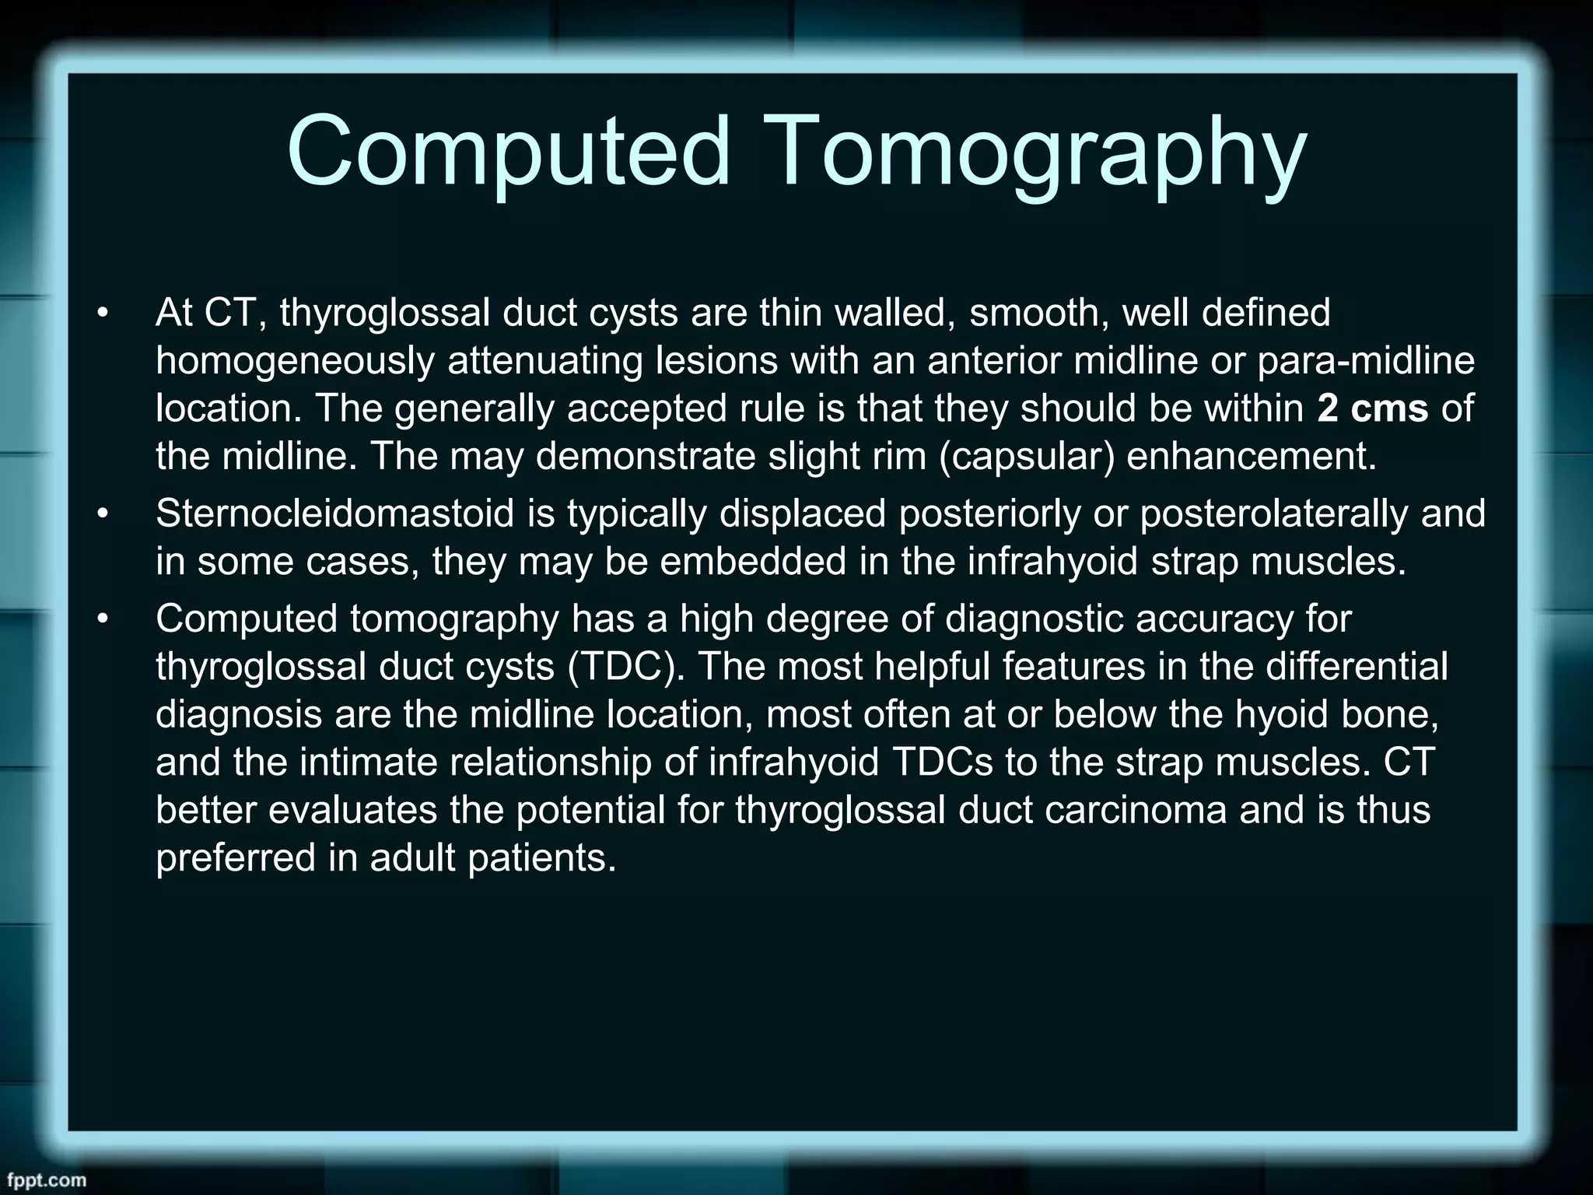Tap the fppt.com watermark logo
click(44, 1179)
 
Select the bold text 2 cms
click(1373, 408)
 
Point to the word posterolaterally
click(1275, 513)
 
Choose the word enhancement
click(1252, 456)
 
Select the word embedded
click(753, 562)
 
